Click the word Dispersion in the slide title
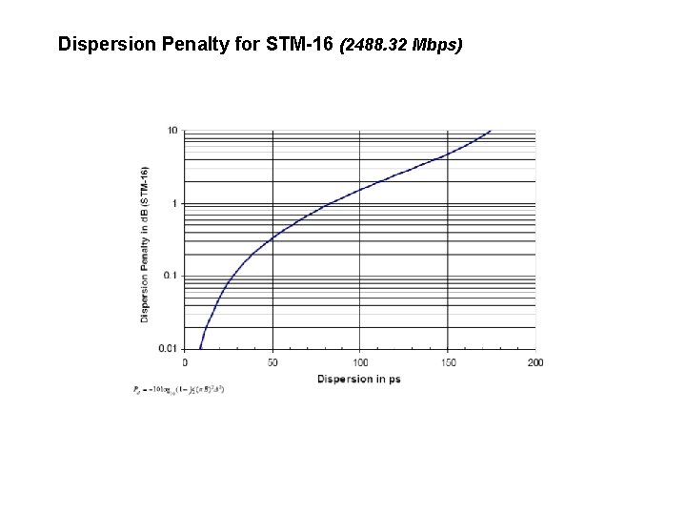click(100, 44)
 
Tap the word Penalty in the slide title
click(181, 44)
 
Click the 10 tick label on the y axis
click(172, 131)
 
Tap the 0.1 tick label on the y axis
click(171, 276)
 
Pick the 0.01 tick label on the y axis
click(169, 348)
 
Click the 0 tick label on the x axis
click(185, 362)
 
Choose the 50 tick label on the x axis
click(272, 362)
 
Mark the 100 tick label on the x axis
click(360, 362)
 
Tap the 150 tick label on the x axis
click(448, 362)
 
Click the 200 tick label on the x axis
click(535, 362)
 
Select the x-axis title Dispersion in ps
click(360, 379)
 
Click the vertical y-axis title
click(145, 243)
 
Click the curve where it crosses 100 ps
click(360, 189)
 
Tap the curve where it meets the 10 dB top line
click(491, 131)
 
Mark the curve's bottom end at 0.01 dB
click(200, 347)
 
